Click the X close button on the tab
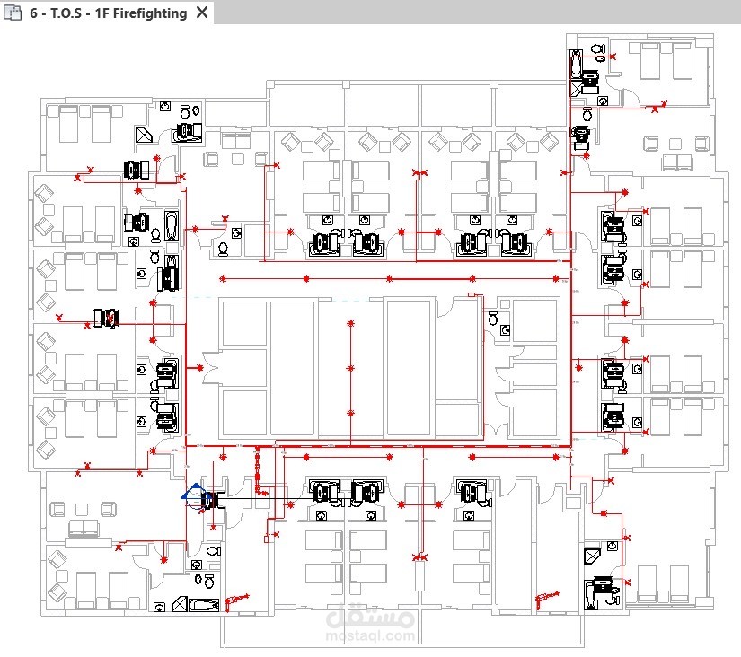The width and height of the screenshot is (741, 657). [x=202, y=13]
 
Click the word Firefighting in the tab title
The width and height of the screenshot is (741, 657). [x=150, y=13]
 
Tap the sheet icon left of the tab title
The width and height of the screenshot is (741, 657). [x=13, y=13]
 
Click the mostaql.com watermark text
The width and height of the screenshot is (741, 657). [x=370, y=635]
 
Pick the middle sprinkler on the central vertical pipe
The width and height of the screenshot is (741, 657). [x=350, y=368]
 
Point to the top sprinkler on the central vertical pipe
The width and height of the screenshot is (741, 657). [x=350, y=323]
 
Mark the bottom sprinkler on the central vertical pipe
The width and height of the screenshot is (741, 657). [x=350, y=413]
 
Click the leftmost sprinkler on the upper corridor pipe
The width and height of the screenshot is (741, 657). [x=223, y=278]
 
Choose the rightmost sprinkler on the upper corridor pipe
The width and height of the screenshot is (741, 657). [x=556, y=278]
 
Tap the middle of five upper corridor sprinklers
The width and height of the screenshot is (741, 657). [x=389, y=278]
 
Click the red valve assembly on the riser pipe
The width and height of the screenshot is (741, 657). [x=258, y=468]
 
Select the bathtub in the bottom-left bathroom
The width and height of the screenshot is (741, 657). [x=204, y=605]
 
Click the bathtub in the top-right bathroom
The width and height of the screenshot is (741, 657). [x=576, y=65]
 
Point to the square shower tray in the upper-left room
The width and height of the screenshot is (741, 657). [x=144, y=135]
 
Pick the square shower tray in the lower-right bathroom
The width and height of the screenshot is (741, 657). [x=592, y=556]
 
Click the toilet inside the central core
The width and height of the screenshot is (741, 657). [x=493, y=319]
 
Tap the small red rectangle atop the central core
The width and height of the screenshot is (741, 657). [x=472, y=294]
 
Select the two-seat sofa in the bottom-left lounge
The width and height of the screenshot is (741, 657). [x=84, y=528]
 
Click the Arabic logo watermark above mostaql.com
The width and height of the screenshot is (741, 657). [x=370, y=615]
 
